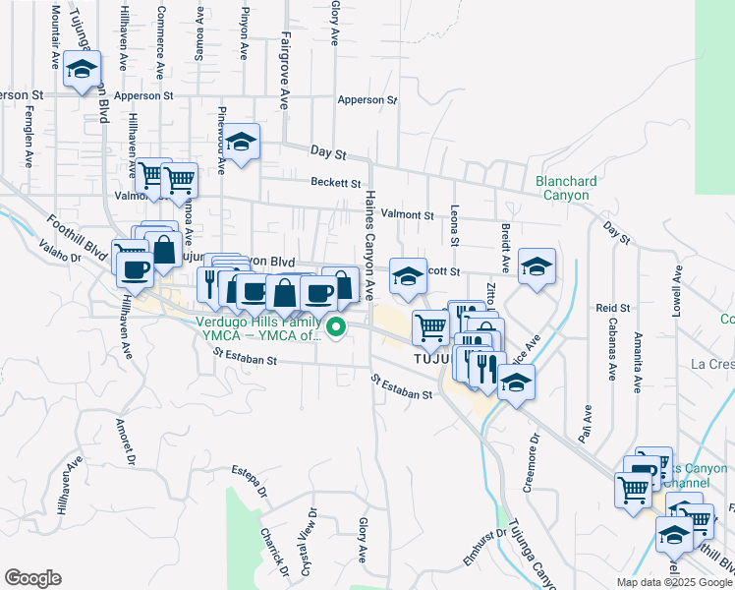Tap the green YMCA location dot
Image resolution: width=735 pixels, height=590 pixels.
pos(336,328)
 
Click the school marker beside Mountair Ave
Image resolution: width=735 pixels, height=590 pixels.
pos(83,68)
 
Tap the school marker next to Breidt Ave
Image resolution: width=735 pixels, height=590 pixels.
pos(537,265)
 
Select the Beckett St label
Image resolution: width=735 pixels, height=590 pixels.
pos(336,182)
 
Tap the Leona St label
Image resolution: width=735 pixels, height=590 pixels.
pos(454,226)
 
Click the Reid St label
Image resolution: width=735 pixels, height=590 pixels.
pos(605,309)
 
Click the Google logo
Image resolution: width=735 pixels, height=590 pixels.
pos(32,578)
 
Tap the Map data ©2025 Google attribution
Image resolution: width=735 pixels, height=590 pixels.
pos(673,582)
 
